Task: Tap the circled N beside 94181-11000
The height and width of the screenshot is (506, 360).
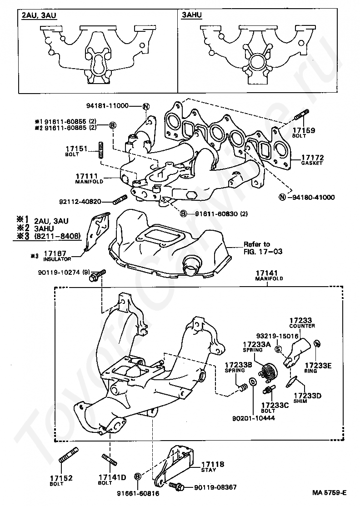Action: coord(146,107)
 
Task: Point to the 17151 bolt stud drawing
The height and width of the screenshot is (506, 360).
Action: coord(101,149)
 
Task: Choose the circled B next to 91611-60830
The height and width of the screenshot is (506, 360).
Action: coord(184,213)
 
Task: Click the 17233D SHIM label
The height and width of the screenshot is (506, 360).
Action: coord(308,397)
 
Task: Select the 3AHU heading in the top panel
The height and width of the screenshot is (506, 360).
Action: coord(192,15)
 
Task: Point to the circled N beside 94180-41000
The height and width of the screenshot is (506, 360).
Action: coord(282,197)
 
